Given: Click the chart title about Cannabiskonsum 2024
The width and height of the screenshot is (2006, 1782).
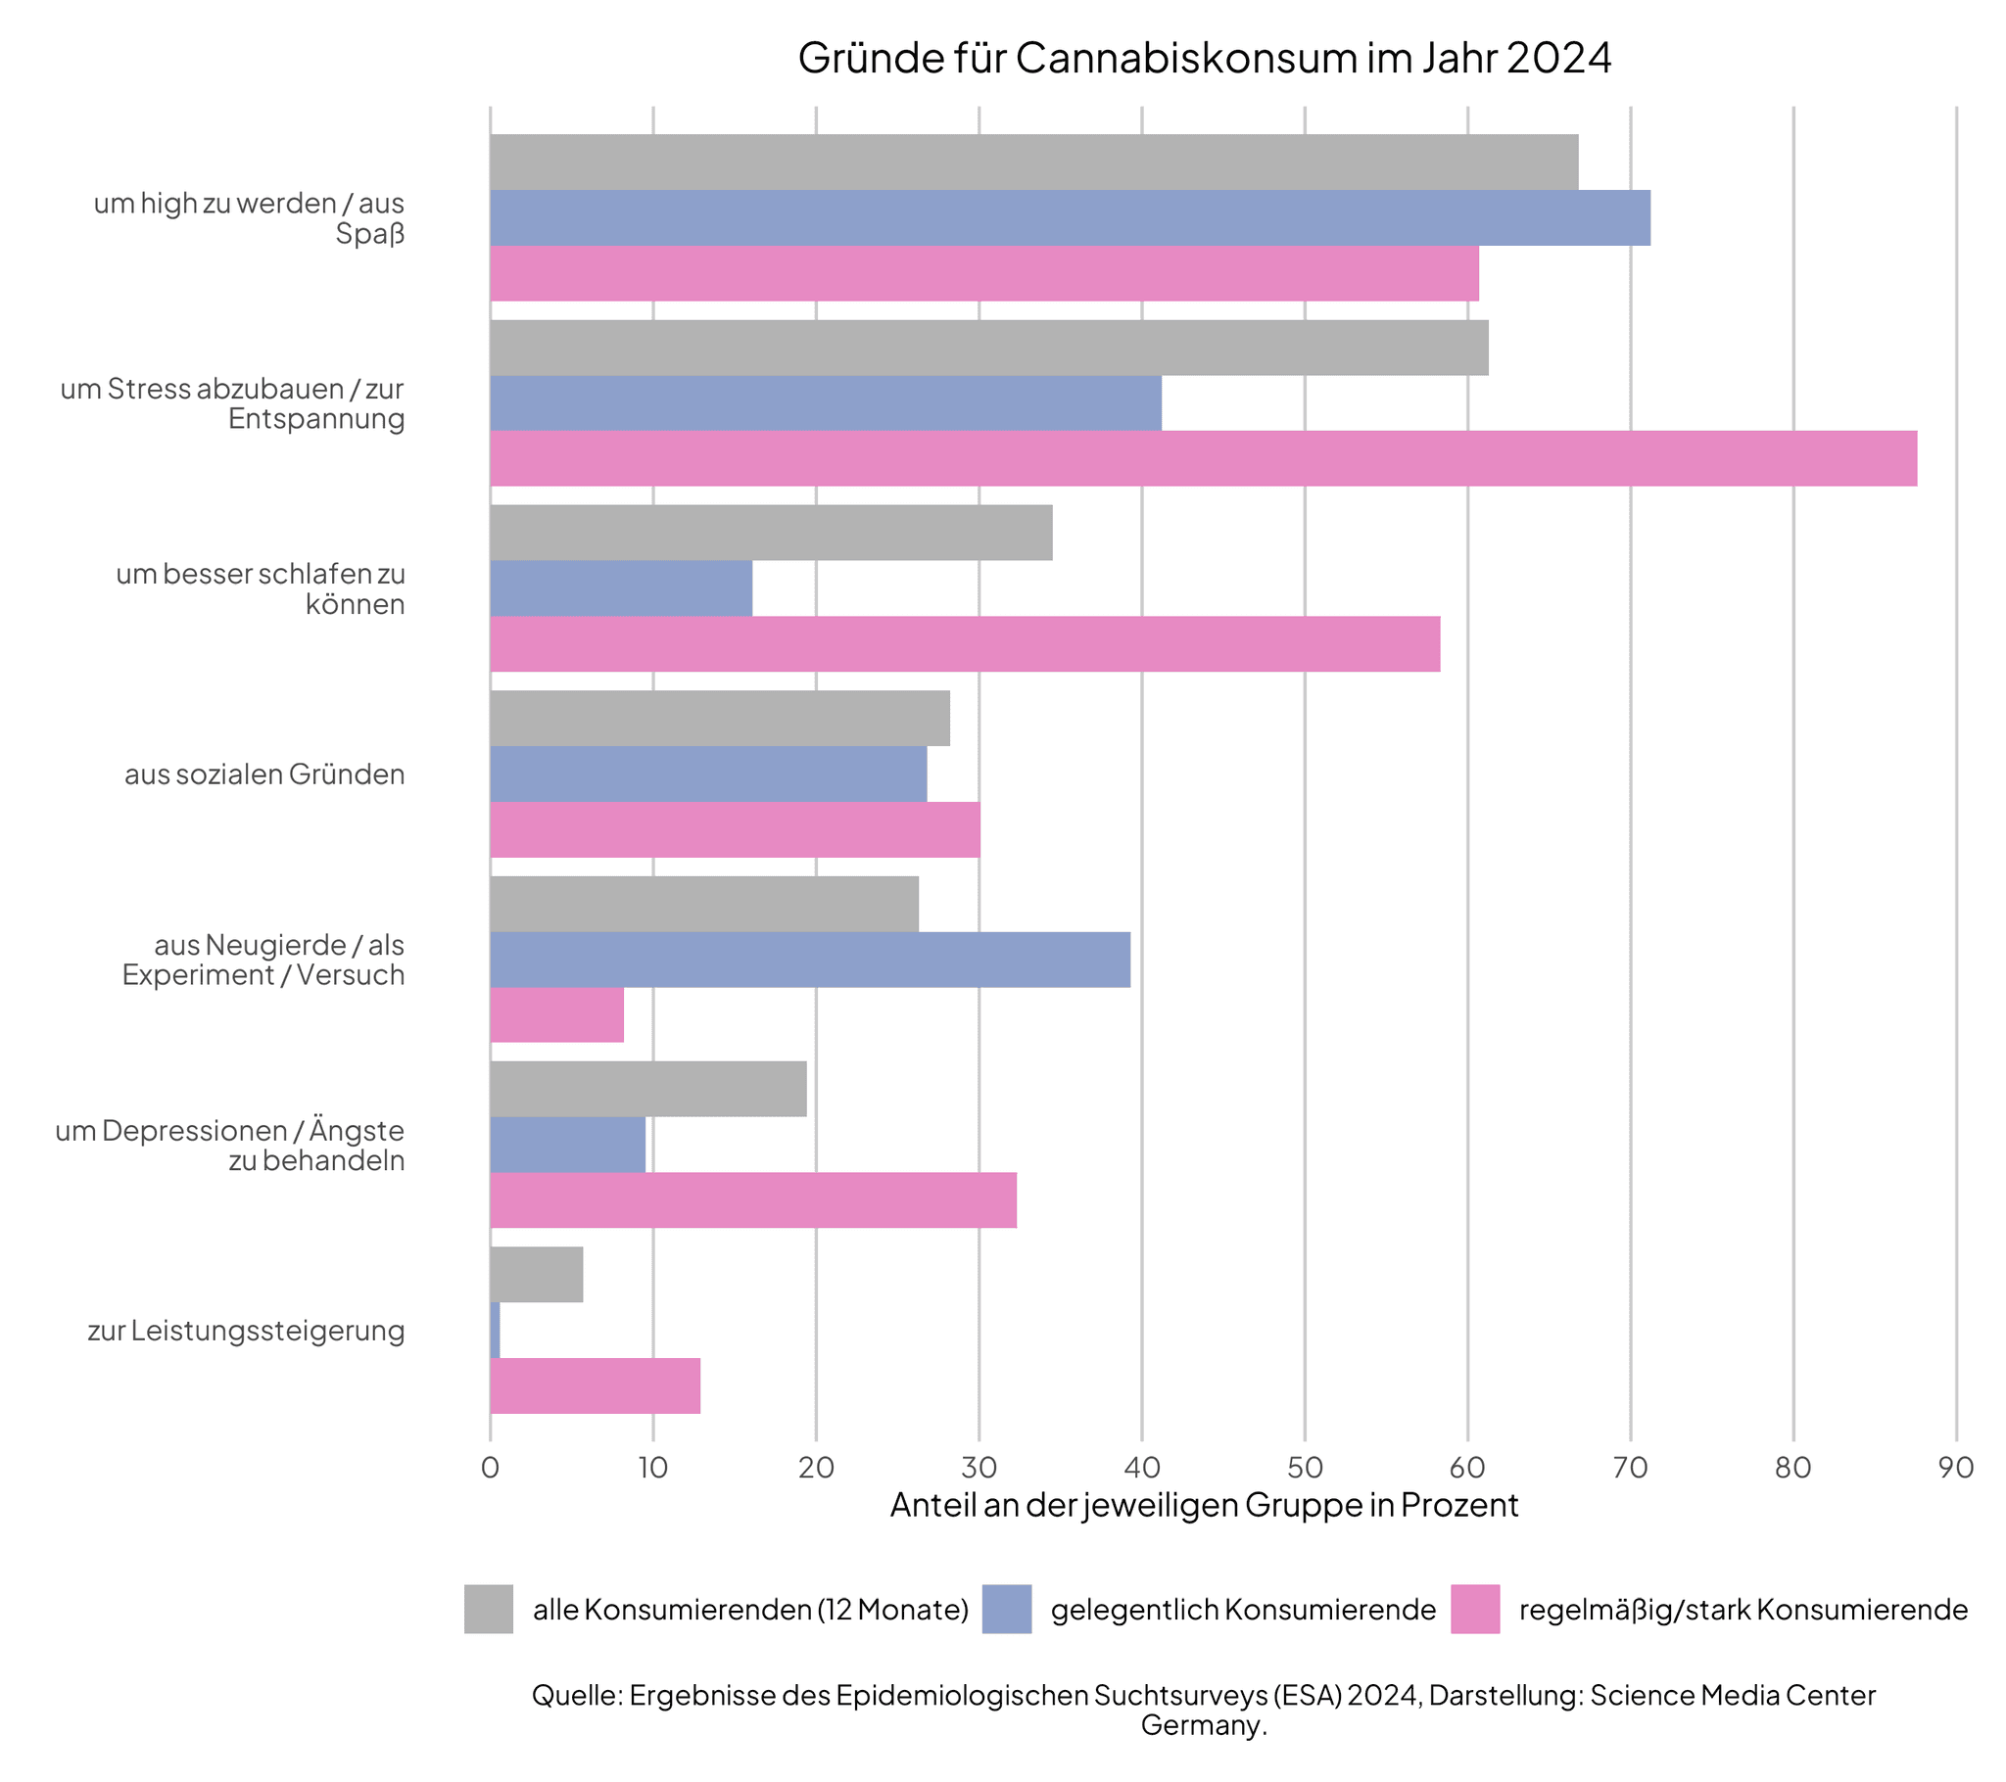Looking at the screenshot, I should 1203,58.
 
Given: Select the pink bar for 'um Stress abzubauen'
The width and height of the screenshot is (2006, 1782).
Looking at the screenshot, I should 1202,458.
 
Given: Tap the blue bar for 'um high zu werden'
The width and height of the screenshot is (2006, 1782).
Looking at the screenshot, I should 1070,217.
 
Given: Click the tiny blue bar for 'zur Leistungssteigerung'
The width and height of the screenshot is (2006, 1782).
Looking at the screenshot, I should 495,1330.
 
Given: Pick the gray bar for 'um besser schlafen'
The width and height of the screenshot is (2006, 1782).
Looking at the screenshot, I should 771,533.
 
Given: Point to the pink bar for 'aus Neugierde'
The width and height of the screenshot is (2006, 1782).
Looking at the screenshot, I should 556,1014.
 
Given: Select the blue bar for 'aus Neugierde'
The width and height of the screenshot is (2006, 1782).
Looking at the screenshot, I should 810,959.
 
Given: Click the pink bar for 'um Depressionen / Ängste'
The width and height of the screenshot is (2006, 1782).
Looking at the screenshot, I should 753,1199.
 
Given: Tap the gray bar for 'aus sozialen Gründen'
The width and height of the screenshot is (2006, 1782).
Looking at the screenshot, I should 719,719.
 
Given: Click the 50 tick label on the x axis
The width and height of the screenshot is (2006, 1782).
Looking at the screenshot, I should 1305,1468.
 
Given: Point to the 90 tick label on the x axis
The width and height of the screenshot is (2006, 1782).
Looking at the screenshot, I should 1955,1468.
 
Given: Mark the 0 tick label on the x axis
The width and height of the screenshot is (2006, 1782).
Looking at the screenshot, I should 490,1468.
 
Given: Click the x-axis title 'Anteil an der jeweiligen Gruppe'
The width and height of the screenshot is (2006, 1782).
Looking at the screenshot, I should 1203,1505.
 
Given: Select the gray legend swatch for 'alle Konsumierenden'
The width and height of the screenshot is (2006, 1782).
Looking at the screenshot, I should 489,1610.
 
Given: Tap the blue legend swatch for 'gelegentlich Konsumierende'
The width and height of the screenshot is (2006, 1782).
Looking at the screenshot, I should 1006,1610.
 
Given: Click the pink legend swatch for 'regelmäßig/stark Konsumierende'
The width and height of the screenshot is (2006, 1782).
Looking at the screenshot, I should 1474,1610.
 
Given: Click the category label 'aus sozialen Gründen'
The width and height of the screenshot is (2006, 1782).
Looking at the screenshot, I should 264,774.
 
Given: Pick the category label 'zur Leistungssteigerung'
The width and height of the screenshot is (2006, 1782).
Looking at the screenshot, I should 245,1331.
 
